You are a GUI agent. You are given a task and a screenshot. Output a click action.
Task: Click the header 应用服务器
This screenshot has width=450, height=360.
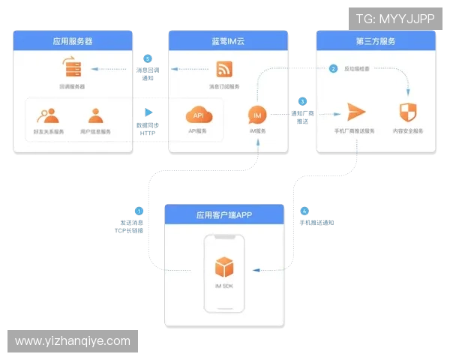(73, 40)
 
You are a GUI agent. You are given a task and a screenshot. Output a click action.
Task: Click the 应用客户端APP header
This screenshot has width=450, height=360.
(223, 214)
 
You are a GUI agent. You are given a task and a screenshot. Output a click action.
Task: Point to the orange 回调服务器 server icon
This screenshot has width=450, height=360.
(73, 69)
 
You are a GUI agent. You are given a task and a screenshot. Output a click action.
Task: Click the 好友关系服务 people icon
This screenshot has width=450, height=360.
(47, 115)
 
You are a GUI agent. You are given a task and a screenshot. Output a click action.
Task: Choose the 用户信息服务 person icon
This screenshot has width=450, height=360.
(95, 115)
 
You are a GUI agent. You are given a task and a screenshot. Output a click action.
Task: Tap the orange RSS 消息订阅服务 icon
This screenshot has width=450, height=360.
(225, 70)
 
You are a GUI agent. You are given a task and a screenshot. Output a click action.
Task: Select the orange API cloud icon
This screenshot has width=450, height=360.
(199, 115)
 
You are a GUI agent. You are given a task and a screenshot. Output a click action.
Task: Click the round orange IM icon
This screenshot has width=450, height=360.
(256, 115)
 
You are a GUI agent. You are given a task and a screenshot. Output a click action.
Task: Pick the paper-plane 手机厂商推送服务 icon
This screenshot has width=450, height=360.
(355, 112)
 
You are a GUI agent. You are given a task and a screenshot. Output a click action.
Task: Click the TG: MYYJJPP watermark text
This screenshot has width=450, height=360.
(395, 18)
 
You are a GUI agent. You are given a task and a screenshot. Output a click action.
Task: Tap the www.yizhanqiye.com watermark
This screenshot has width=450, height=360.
(72, 341)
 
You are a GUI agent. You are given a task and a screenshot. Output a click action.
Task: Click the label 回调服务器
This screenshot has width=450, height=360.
(73, 86)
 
